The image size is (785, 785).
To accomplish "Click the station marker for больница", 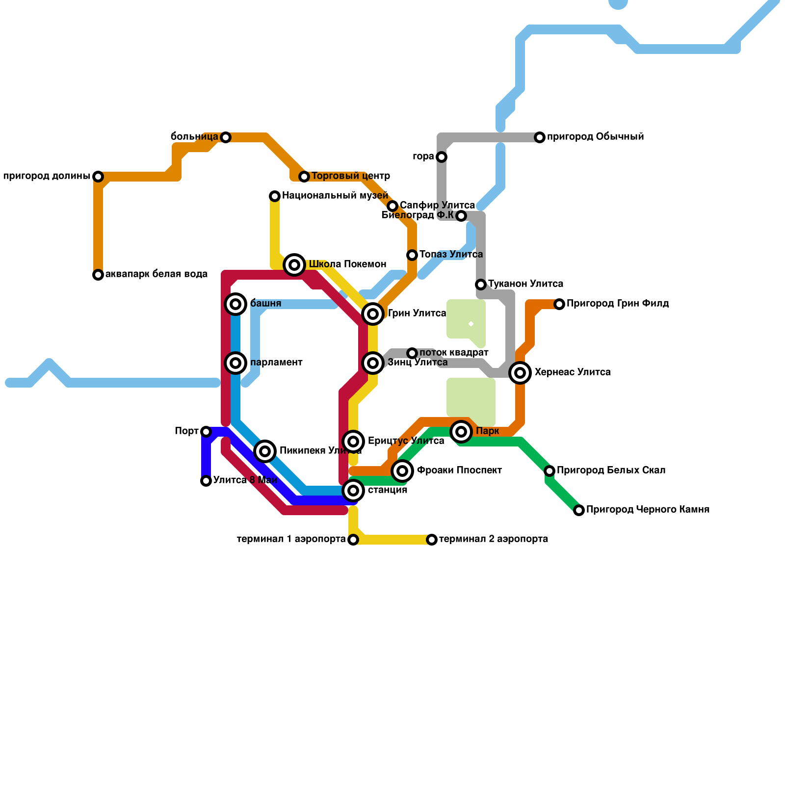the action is pos(226,137).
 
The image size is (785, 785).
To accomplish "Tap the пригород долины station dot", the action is pos(98,177).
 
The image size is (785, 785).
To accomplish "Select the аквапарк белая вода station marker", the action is pos(98,275).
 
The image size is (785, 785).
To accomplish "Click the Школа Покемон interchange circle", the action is pos(294,265).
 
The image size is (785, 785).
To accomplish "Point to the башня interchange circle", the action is pos(235,304).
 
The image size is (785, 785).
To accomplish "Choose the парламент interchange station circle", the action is pos(235,363).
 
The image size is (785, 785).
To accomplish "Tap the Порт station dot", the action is pos(206,432).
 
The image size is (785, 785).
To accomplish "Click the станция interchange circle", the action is pos(353,491).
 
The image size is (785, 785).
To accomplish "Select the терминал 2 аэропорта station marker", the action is pos(432,540).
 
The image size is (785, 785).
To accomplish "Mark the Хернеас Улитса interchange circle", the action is pos(520,373).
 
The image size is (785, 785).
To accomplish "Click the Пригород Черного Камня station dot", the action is pos(579,510).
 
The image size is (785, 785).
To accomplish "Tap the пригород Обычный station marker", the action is pos(540,137).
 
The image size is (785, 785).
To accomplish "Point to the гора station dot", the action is pos(442,157).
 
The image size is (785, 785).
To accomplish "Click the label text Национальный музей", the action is pos(335,196).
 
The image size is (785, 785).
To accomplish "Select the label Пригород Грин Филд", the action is pos(618,304).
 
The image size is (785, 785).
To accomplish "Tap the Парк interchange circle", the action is pos(461,432).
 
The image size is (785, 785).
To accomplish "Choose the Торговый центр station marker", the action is pos(304,177).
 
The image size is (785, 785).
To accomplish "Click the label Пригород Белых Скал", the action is pos(611,471).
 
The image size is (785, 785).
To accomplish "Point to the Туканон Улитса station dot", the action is pos(481,285).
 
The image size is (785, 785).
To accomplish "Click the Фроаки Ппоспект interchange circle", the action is pos(402,471).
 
